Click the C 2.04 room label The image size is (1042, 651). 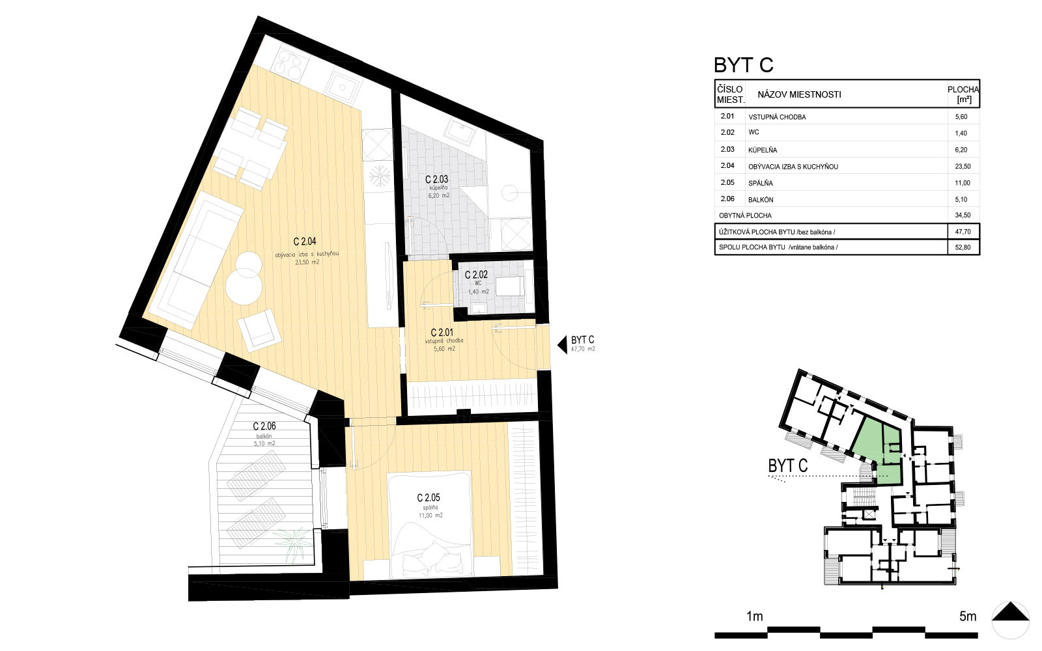coord(305,242)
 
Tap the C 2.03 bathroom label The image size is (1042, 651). coord(436,180)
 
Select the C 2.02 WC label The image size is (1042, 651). coord(476,275)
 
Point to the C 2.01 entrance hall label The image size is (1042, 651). coord(442,333)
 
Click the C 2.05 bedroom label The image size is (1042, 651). coord(429,498)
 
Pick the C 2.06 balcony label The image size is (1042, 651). coord(264,426)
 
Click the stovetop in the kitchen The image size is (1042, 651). coord(288,65)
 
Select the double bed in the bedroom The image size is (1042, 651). coord(429,525)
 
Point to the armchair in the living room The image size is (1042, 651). coord(259,329)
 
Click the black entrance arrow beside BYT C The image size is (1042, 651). coord(563,344)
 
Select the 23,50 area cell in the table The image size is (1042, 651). coord(963,167)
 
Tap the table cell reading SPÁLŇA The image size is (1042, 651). coord(760,183)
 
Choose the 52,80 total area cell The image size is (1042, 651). coord(963,247)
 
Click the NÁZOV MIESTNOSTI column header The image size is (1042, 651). coord(799,94)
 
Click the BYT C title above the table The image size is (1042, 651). coord(743,65)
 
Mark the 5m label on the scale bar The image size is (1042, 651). coord(968,616)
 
